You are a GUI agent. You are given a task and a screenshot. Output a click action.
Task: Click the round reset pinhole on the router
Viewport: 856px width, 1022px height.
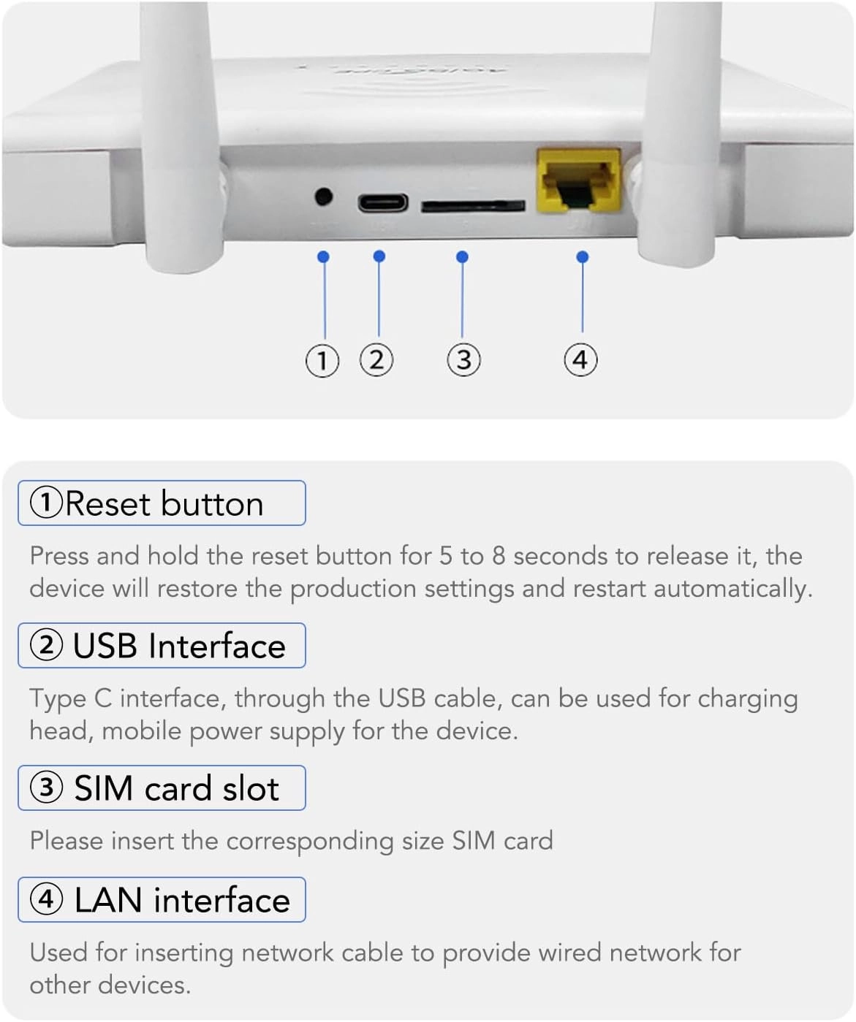click(x=323, y=197)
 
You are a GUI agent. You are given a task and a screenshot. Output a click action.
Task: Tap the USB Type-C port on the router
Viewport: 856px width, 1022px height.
click(x=382, y=202)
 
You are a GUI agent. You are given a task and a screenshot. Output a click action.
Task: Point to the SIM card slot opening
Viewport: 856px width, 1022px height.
click(x=472, y=207)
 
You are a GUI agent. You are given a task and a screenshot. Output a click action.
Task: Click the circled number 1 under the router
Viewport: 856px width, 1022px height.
click(x=322, y=361)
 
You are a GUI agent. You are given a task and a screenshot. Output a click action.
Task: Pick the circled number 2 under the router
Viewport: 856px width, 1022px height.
click(x=376, y=360)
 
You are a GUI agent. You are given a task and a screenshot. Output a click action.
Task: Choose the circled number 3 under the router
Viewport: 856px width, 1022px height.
click(x=463, y=360)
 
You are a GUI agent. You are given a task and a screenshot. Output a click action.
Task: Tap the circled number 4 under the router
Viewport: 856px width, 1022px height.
click(x=580, y=359)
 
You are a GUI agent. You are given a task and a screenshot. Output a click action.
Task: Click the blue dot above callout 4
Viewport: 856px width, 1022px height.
click(x=582, y=257)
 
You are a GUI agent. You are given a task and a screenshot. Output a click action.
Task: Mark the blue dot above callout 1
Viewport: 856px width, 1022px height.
click(x=324, y=257)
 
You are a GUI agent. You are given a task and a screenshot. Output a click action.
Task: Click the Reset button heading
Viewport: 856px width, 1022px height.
click(x=162, y=503)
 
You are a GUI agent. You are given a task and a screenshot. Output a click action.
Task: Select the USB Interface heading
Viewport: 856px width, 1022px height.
click(x=162, y=646)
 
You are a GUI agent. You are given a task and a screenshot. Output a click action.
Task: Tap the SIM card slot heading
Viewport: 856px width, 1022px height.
click(x=162, y=788)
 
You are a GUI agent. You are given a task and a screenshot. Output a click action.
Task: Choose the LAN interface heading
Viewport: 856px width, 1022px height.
click(x=162, y=900)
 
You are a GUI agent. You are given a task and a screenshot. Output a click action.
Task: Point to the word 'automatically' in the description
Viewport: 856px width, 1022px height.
click(x=732, y=589)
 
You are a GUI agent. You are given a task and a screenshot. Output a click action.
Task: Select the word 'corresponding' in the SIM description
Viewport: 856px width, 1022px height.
click(x=310, y=842)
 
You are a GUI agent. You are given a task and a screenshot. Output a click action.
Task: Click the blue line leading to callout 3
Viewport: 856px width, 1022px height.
click(x=462, y=300)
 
